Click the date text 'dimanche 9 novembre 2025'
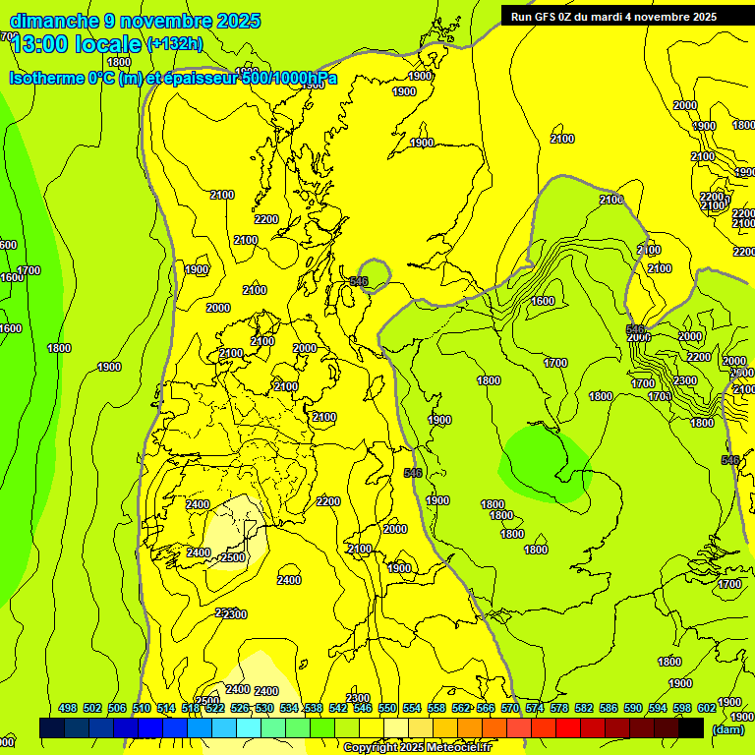click(x=135, y=21)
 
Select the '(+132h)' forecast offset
click(x=174, y=43)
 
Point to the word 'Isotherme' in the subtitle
click(x=45, y=79)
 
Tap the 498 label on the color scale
click(x=68, y=708)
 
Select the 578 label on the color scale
click(x=559, y=708)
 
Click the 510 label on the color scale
click(x=141, y=708)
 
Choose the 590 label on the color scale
click(x=633, y=708)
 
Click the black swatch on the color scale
click(x=690, y=727)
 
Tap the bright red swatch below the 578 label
click(x=568, y=727)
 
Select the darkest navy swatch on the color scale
click(x=51, y=727)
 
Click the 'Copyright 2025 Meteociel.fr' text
click(x=417, y=748)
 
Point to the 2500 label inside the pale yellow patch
click(x=233, y=557)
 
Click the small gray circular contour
click(x=374, y=275)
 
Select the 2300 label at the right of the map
click(x=684, y=380)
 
